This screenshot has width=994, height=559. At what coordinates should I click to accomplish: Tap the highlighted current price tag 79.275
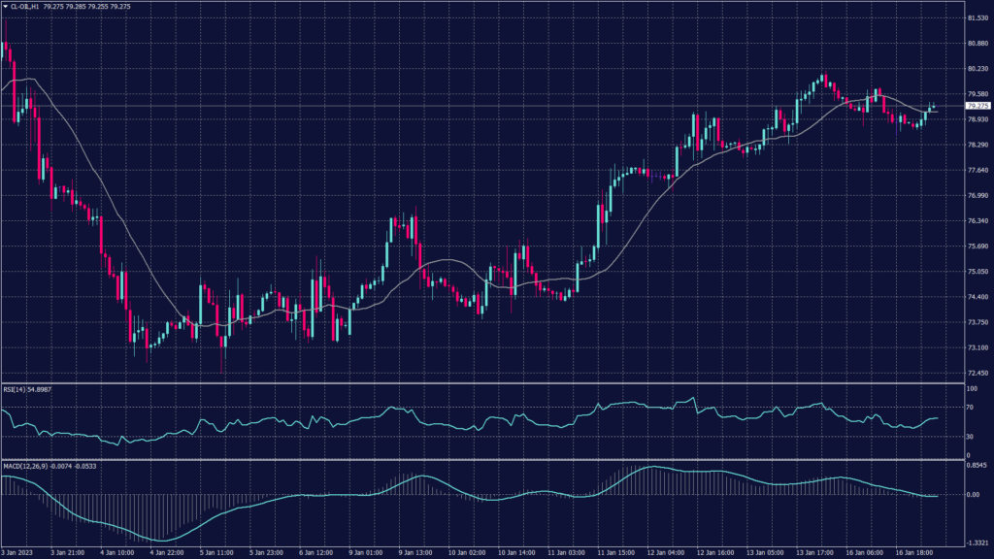[x=977, y=106]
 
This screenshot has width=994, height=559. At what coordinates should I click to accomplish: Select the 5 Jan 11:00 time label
[x=216, y=552]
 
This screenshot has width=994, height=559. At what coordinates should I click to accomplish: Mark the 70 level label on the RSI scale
[x=968, y=409]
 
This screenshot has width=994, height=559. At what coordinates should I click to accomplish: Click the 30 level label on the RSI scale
[x=968, y=436]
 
